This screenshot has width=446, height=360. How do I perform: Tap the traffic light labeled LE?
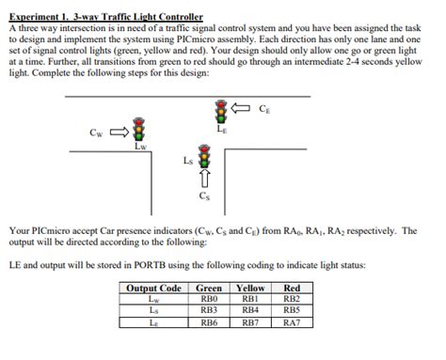click(222, 112)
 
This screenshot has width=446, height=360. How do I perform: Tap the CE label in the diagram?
click(266, 109)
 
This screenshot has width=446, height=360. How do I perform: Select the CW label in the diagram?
click(97, 133)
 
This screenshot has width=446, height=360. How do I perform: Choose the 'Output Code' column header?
click(154, 289)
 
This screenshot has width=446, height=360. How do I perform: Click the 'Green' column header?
click(209, 289)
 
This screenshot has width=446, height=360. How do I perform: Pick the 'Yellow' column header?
click(250, 289)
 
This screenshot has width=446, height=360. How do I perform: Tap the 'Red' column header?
click(292, 289)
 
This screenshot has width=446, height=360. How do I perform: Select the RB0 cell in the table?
click(209, 299)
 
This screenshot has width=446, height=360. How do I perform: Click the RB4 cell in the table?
click(250, 310)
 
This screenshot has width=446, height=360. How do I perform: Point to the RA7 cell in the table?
click(292, 321)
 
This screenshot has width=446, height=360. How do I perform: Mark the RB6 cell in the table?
click(209, 321)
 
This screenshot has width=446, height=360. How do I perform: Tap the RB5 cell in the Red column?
click(292, 310)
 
